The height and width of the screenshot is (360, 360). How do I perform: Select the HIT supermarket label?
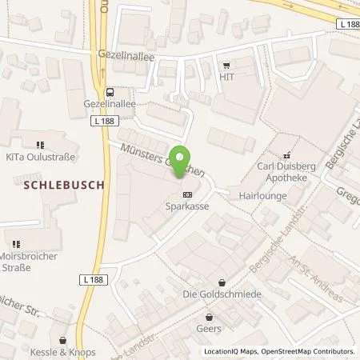coord(228,77)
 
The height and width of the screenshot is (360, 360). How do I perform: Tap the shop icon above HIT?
coord(228,66)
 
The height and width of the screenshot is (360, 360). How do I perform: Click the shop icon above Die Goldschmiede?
coord(221,282)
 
